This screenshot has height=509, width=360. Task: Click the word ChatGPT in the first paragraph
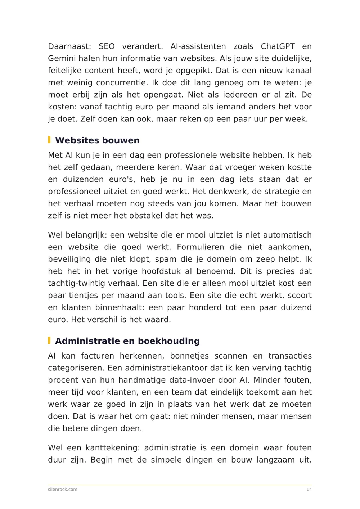tap(278, 46)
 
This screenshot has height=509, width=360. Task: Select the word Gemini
tap(62, 58)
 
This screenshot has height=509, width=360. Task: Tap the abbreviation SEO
tap(107, 46)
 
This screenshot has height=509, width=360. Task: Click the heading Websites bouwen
tap(97, 140)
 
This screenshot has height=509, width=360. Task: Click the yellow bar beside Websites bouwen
tap(49, 140)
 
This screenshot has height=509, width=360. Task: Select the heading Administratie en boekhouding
tap(127, 341)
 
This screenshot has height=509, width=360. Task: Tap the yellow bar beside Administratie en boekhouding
tap(49, 341)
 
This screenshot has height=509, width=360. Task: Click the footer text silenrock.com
tap(63, 489)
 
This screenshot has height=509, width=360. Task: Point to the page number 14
tap(309, 489)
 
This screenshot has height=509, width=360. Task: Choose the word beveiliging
tap(69, 259)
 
